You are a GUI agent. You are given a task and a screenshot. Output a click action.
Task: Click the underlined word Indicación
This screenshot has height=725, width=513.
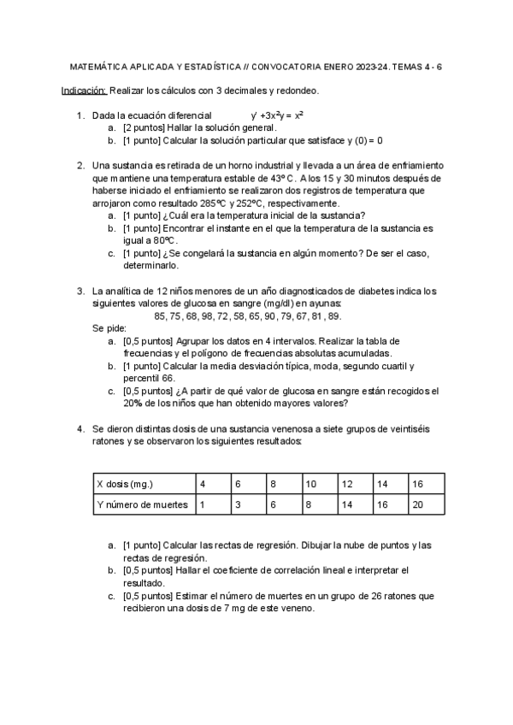(84, 90)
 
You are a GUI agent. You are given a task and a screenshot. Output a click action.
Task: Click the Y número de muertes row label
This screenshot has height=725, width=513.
(142, 504)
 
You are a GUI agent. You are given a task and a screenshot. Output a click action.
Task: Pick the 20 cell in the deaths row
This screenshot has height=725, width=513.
(418, 504)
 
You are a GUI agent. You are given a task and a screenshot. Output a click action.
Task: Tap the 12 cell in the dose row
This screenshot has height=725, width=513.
(347, 484)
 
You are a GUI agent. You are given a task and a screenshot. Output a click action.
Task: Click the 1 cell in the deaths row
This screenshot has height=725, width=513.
(202, 504)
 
